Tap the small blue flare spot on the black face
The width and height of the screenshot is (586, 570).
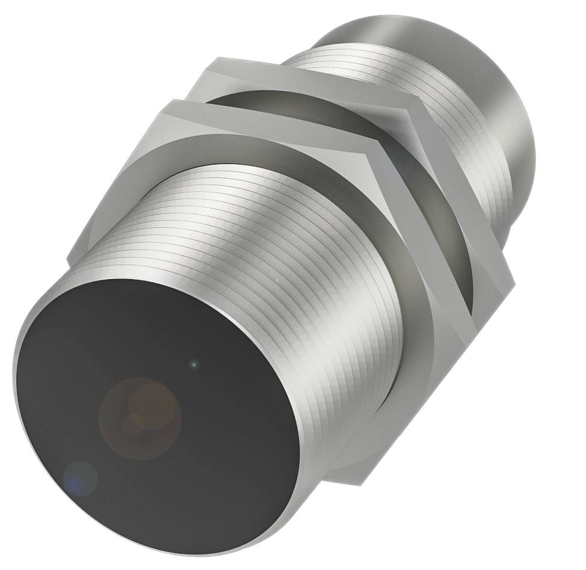pos(80,478)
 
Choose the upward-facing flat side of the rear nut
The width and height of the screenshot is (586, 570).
pos(313,84)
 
